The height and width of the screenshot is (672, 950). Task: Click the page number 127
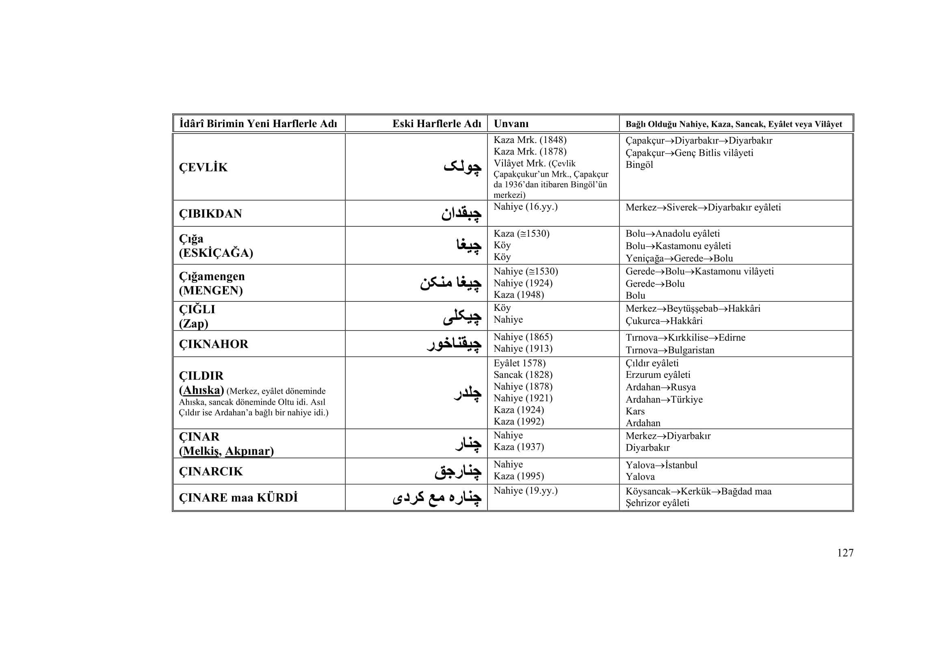click(845, 553)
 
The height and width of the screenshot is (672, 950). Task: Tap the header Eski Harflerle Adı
click(437, 124)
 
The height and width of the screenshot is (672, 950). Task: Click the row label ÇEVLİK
click(203, 167)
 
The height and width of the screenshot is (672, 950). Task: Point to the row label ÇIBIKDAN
click(210, 214)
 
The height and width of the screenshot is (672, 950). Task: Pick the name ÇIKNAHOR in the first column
click(214, 344)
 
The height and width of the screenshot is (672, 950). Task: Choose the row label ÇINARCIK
click(211, 471)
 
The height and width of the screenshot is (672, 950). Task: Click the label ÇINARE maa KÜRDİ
click(238, 497)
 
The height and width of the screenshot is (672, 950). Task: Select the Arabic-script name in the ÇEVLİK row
click(462, 167)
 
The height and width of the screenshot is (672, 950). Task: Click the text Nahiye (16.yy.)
click(526, 207)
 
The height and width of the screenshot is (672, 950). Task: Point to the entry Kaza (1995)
click(518, 476)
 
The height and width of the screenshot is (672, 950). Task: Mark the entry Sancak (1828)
click(523, 375)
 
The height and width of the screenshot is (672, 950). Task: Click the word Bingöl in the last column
click(639, 165)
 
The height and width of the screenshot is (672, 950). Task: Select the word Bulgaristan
click(691, 350)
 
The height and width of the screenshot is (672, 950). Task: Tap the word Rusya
click(683, 387)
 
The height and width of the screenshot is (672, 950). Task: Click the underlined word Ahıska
click(201, 390)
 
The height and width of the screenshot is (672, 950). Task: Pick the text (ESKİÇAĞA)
click(216, 253)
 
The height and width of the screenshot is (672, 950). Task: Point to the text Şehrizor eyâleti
click(657, 503)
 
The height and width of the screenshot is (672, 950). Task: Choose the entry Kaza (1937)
click(518, 447)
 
